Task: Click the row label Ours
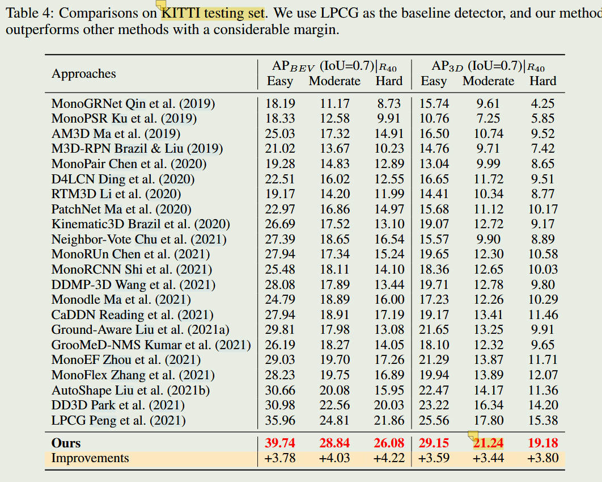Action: click(x=66, y=443)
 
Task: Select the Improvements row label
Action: click(x=90, y=458)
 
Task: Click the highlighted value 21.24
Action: click(x=488, y=443)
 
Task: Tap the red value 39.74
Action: click(x=280, y=443)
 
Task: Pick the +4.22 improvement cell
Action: click(x=389, y=458)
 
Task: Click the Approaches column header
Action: click(x=83, y=74)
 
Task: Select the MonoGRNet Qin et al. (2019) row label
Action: click(x=133, y=103)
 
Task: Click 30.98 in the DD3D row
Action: click(x=280, y=405)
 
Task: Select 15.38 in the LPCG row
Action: click(x=543, y=421)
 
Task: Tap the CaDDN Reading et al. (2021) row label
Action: click(x=132, y=315)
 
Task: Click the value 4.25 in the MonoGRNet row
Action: click(x=543, y=103)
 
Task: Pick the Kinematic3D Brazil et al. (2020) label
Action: click(x=139, y=224)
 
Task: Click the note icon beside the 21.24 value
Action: click(x=473, y=436)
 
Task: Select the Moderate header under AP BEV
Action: click(x=334, y=81)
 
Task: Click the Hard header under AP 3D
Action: click(x=543, y=81)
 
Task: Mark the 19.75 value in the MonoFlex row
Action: click(x=334, y=375)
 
